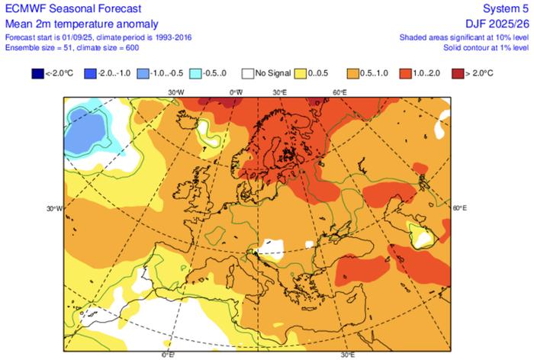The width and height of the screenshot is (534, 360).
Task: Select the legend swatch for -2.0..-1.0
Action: tap(90, 74)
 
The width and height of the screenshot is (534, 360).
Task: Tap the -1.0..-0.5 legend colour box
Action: tap(143, 74)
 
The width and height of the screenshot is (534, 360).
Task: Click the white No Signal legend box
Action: tap(246, 74)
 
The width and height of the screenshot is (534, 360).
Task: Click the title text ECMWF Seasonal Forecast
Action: tap(63, 9)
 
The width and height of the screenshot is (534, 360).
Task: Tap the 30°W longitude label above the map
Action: tap(176, 92)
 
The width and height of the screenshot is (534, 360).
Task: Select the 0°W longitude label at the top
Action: tap(236, 92)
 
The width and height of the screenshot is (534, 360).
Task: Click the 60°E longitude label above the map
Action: tap(340, 92)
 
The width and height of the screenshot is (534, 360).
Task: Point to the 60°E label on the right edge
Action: tap(460, 207)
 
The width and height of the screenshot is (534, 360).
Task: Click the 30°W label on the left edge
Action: tap(53, 207)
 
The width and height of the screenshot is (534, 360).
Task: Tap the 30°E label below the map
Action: tap(348, 355)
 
